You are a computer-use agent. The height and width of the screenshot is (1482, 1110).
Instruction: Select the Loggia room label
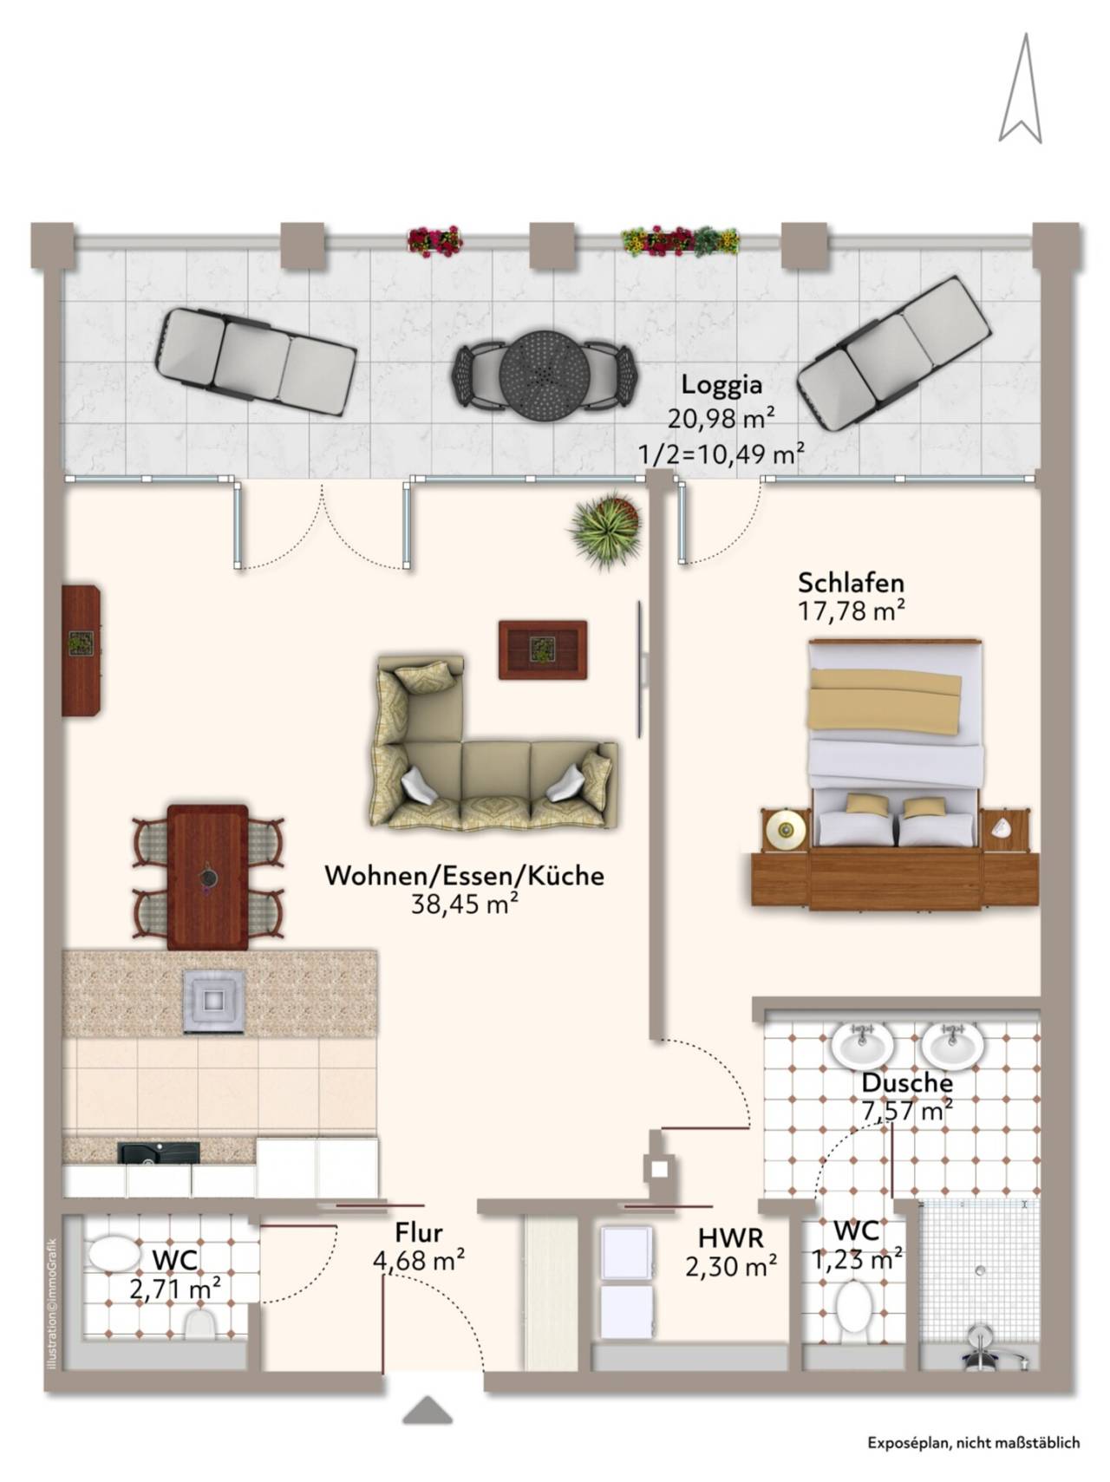pyautogui.click(x=721, y=384)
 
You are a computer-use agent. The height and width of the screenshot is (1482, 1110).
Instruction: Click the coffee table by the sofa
pyautogui.click(x=543, y=650)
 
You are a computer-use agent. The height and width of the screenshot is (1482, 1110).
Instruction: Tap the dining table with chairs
pyautogui.click(x=208, y=878)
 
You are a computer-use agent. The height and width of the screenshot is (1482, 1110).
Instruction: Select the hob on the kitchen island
pyautogui.click(x=214, y=1001)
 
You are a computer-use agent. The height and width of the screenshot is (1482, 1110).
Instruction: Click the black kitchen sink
pyautogui.click(x=159, y=1152)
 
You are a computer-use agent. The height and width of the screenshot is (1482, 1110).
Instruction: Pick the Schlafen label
pyautogui.click(x=851, y=582)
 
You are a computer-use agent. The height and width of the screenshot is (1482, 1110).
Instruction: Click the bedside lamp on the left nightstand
pyautogui.click(x=786, y=830)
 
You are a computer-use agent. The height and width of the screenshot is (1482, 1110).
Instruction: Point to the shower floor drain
pyautogui.click(x=980, y=1270)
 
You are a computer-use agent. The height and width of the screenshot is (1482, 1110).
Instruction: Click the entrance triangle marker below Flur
pyautogui.click(x=428, y=1411)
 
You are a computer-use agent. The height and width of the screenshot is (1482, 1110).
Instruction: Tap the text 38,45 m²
pyautogui.click(x=465, y=904)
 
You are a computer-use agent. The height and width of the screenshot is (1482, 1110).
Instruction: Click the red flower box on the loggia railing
pyautogui.click(x=434, y=241)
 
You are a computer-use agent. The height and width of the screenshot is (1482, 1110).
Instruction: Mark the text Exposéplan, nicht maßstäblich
pyautogui.click(x=974, y=1443)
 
